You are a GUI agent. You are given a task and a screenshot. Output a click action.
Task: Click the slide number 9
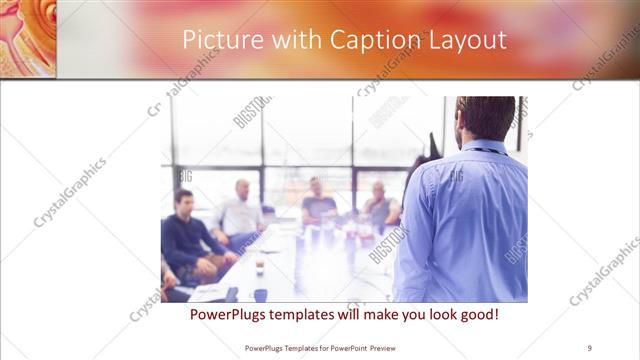(x=590, y=348)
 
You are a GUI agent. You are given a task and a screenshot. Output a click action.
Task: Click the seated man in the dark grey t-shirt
(x=319, y=204)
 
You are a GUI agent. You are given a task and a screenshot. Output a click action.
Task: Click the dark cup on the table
(x=259, y=267)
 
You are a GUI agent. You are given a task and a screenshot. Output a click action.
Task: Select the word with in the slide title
(x=290, y=39)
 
